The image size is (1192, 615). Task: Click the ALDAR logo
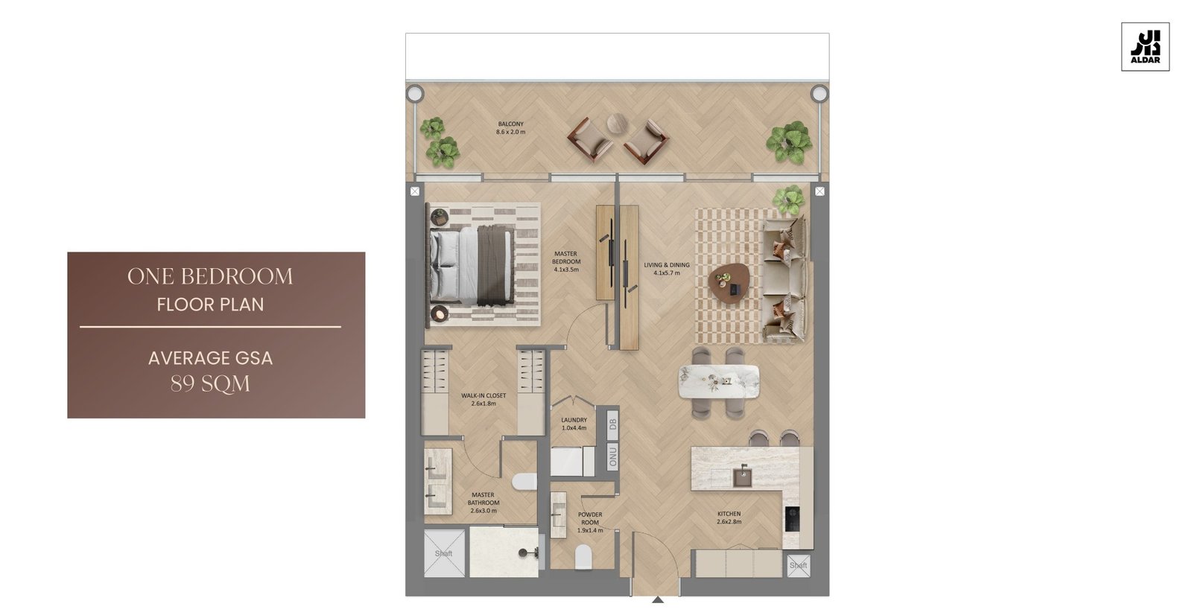pyautogui.click(x=1145, y=47)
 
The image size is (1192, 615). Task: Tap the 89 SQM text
pyautogui.click(x=210, y=383)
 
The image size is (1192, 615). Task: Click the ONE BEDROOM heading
pyautogui.click(x=210, y=276)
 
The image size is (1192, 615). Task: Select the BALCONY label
pyautogui.click(x=510, y=127)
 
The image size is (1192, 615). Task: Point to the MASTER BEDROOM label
pyautogui.click(x=565, y=262)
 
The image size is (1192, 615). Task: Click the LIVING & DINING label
pyautogui.click(x=666, y=269)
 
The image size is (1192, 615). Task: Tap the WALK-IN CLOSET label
pyautogui.click(x=484, y=400)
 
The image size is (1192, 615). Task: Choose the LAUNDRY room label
pyautogui.click(x=574, y=424)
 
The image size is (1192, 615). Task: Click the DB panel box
pyautogui.click(x=612, y=424)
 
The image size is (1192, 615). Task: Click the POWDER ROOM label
pyautogui.click(x=590, y=523)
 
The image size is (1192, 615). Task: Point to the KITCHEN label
pyautogui.click(x=729, y=517)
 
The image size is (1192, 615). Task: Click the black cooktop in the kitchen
pyautogui.click(x=792, y=519)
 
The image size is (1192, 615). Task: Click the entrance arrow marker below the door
pyautogui.click(x=658, y=599)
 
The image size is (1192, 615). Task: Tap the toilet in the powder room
pyautogui.click(x=583, y=557)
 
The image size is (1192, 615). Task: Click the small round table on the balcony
pyautogui.click(x=617, y=124)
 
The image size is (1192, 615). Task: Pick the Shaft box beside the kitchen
pyautogui.click(x=798, y=566)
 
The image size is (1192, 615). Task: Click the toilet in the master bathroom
pyautogui.click(x=524, y=482)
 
